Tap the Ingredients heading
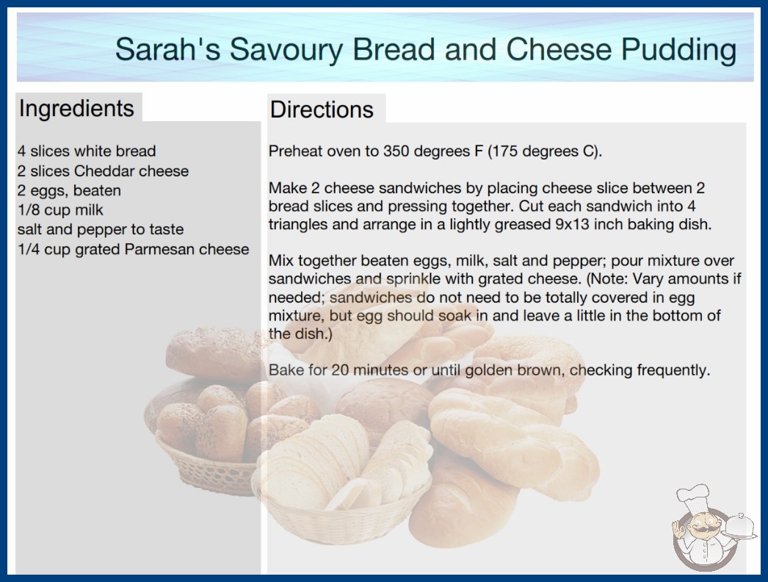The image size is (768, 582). point(76,109)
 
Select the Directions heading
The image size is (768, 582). point(322,109)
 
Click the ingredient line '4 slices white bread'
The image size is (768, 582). point(87,151)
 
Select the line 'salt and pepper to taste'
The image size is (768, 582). point(101,229)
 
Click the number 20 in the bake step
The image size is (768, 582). point(340,370)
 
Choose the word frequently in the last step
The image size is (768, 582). point(673,370)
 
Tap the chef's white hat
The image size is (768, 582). point(694,496)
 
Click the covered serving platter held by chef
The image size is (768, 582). point(739,526)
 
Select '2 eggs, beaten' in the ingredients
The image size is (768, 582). point(69,191)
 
